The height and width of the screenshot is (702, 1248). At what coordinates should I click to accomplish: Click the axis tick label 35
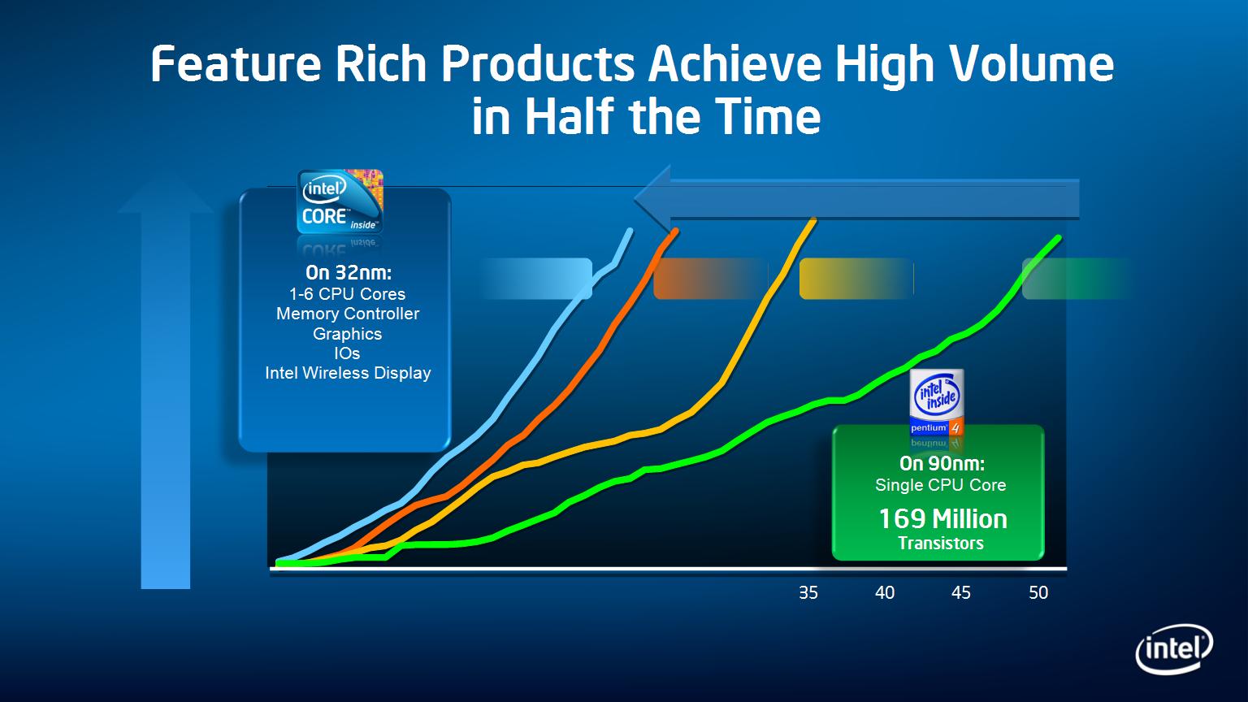pyautogui.click(x=808, y=592)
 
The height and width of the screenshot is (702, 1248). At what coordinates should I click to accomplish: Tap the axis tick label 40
pyautogui.click(x=885, y=592)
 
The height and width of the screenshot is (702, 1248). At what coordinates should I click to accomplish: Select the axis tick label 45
pyautogui.click(x=961, y=592)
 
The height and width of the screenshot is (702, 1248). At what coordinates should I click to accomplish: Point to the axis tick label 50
pyautogui.click(x=1038, y=592)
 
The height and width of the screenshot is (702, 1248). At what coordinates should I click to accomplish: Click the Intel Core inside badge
pyautogui.click(x=340, y=201)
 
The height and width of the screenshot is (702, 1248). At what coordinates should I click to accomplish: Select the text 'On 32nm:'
pyautogui.click(x=349, y=272)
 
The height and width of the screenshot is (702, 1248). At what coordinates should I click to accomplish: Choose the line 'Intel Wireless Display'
pyautogui.click(x=349, y=373)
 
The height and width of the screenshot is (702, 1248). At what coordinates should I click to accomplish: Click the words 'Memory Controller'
pyautogui.click(x=349, y=314)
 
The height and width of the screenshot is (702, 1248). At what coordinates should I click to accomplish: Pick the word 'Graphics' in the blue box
pyautogui.click(x=348, y=334)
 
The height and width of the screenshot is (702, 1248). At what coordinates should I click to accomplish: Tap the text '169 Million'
pyautogui.click(x=942, y=518)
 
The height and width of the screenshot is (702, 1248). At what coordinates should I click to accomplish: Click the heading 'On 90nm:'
pyautogui.click(x=942, y=463)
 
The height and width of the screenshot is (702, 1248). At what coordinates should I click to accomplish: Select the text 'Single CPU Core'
pyautogui.click(x=941, y=485)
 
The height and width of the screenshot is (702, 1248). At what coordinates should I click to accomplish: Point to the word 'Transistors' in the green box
pyautogui.click(x=941, y=544)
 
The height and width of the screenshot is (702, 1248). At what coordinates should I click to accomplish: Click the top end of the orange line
pyautogui.click(x=677, y=230)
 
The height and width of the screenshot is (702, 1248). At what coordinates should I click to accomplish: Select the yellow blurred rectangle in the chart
pyautogui.click(x=857, y=279)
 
